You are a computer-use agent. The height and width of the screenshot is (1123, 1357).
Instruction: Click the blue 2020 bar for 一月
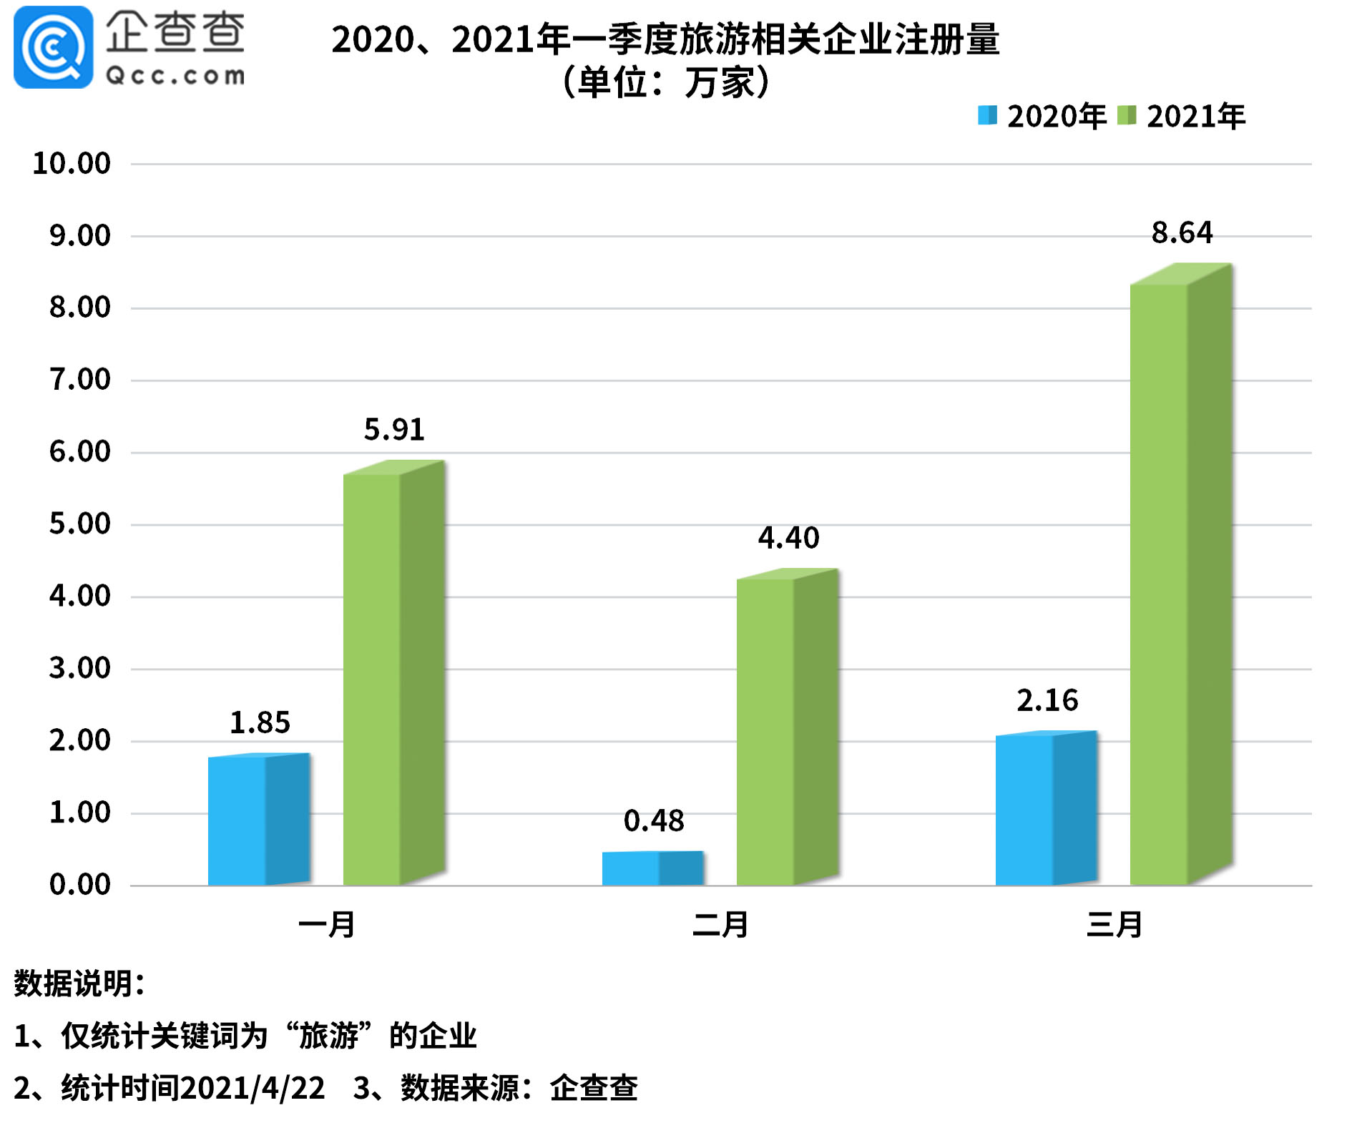(x=258, y=820)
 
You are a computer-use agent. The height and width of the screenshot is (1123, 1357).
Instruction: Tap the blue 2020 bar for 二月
(x=652, y=868)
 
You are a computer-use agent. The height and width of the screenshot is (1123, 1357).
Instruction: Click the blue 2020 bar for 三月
(x=1046, y=809)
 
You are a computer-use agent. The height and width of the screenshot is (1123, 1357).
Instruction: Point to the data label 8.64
(x=1182, y=232)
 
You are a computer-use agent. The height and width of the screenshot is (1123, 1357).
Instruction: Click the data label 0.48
(x=653, y=820)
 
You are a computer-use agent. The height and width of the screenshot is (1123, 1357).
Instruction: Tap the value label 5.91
(x=394, y=429)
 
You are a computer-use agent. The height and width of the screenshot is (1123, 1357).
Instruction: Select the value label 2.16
(x=1047, y=700)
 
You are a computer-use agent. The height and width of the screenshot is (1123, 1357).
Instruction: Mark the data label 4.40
(x=788, y=538)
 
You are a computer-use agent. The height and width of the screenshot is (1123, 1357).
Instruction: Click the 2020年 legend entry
(x=1042, y=116)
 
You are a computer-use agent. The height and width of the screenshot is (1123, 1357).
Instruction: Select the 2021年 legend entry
(x=1182, y=116)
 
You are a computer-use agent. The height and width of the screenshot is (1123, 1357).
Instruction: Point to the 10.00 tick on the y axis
(x=72, y=163)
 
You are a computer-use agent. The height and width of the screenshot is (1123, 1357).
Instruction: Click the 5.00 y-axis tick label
(x=79, y=524)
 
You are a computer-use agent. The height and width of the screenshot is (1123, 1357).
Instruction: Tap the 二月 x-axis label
(x=720, y=924)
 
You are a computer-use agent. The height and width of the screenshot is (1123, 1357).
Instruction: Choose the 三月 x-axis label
(x=1114, y=924)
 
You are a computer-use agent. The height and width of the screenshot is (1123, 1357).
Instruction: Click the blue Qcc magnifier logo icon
(x=54, y=47)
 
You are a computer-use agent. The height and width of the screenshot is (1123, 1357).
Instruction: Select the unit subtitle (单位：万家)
(x=665, y=82)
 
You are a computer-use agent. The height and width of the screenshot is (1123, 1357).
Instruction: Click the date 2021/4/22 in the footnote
(x=253, y=1088)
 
